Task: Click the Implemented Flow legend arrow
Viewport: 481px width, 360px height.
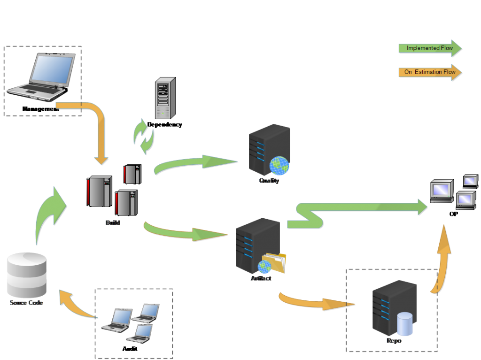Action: point(430,48)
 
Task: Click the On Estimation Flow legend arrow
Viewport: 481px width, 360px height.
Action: point(430,73)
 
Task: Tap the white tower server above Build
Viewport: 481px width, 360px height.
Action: point(165,98)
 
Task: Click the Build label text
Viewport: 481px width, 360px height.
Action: point(113,222)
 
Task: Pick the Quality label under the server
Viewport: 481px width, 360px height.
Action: point(269,181)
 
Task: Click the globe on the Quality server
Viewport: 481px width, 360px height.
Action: point(279,165)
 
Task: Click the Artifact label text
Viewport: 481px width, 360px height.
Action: point(261,279)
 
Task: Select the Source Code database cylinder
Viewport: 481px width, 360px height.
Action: point(27,274)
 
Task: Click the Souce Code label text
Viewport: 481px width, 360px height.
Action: point(26,303)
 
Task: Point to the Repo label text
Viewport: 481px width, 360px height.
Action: point(394,341)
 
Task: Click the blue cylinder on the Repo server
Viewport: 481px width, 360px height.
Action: point(404,324)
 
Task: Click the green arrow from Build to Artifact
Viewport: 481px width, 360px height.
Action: point(186,232)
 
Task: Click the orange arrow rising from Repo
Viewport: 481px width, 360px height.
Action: point(442,260)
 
